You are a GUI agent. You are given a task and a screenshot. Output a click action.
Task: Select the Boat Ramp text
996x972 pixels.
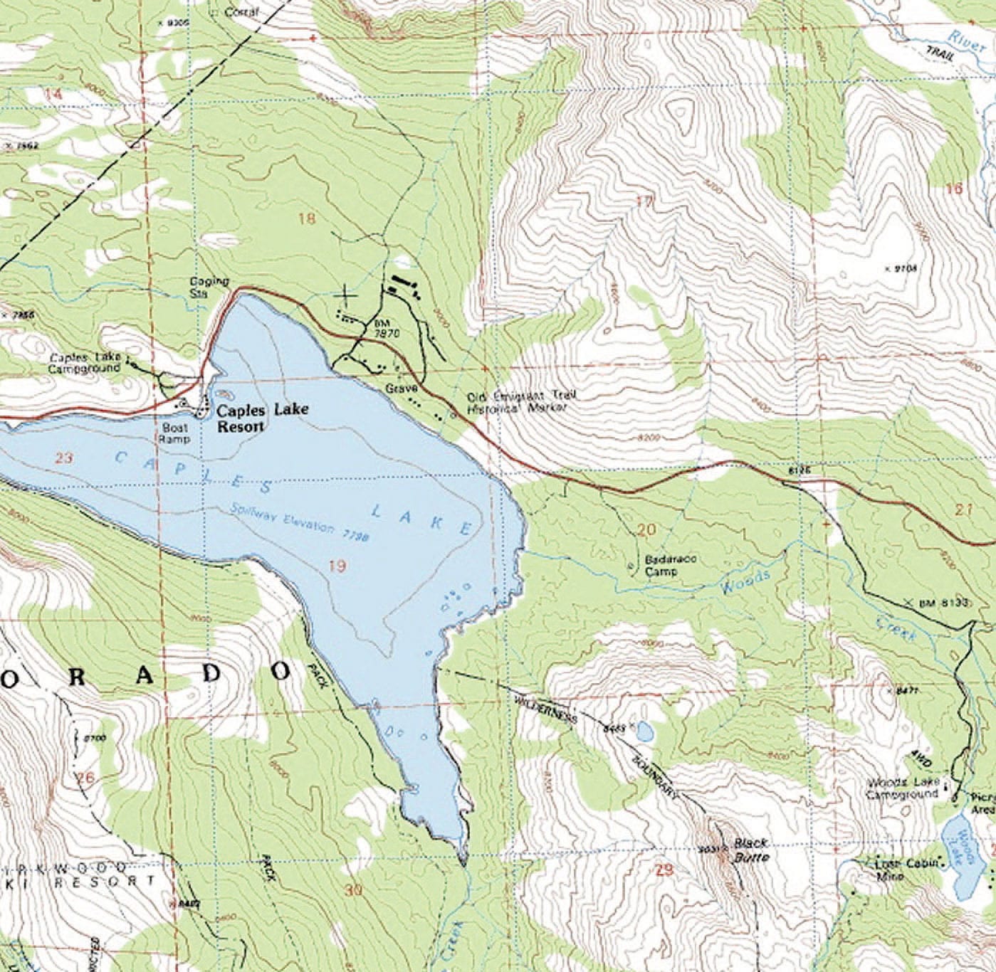tap(175, 434)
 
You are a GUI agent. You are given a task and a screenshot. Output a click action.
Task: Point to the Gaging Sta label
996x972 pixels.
tap(209, 286)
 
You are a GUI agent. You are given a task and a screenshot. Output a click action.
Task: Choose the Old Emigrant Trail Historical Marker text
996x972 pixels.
tap(518, 403)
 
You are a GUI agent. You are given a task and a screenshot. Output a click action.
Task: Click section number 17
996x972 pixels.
tap(644, 201)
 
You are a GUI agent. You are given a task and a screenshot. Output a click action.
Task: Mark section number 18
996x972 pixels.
tap(306, 218)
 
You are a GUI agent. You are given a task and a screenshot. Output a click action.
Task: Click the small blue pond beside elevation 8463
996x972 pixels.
tap(644, 731)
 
